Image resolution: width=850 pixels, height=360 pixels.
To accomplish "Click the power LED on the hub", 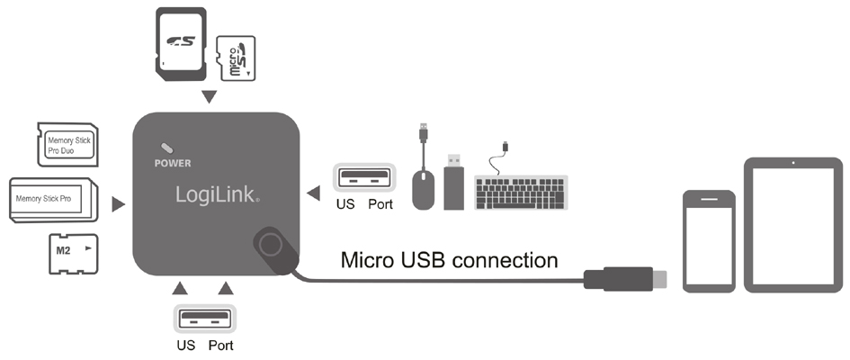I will [x=166, y=148].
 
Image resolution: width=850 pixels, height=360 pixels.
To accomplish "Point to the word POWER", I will [x=173, y=165].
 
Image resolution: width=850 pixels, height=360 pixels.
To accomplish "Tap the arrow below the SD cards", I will [x=210, y=96].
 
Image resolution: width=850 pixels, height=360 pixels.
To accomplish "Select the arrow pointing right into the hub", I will [x=118, y=206].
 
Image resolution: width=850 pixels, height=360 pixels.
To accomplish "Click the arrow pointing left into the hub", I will [x=313, y=192].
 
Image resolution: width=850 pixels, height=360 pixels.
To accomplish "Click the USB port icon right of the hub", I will [x=364, y=176].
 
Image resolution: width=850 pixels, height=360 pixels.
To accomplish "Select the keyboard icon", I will [x=521, y=191].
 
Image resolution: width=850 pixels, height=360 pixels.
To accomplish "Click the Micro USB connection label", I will [x=449, y=260].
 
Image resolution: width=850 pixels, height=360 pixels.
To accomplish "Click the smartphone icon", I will [x=709, y=240].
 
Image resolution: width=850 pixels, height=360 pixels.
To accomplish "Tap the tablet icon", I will [x=792, y=225].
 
